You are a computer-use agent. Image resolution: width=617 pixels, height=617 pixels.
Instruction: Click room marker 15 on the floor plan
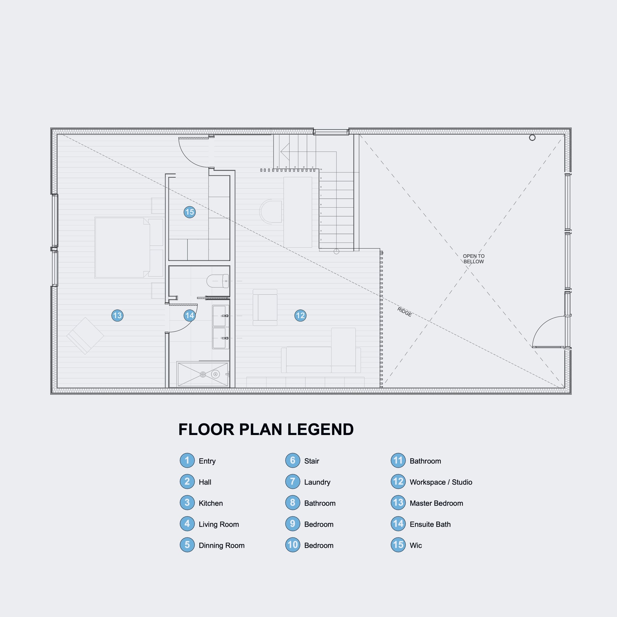[x=189, y=212]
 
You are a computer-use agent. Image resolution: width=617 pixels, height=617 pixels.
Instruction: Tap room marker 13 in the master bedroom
[x=117, y=315]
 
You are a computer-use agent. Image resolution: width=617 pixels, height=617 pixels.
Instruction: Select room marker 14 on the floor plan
[x=189, y=315]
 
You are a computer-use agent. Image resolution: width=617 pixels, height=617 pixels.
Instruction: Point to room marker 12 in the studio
[x=300, y=315]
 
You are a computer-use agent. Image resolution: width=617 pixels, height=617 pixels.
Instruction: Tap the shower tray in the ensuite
[x=203, y=374]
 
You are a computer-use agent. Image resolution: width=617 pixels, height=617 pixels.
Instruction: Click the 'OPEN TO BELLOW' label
[x=474, y=259]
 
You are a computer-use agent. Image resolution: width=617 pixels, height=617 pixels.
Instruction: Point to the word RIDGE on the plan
[x=404, y=312]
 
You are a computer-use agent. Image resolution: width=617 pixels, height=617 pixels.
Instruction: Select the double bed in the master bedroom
[x=122, y=248]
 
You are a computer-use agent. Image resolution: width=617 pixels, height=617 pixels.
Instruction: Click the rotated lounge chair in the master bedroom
[x=85, y=336]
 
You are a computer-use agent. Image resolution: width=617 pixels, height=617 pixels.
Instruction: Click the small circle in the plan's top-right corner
[x=532, y=138]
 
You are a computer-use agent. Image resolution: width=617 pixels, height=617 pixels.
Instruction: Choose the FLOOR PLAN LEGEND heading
[x=266, y=430]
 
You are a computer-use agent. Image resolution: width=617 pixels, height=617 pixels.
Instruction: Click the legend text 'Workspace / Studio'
[x=441, y=482]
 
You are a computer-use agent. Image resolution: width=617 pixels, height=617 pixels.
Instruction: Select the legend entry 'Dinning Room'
[x=221, y=546]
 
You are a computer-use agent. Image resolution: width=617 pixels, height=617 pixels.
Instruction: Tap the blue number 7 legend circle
[x=293, y=482]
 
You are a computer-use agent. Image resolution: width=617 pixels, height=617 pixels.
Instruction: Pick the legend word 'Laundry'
[x=317, y=482]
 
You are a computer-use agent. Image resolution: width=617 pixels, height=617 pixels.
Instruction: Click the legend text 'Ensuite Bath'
[x=430, y=525]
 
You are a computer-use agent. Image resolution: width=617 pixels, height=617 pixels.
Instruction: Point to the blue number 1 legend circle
[x=187, y=461]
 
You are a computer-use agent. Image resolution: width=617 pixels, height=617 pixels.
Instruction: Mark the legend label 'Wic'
[x=415, y=546]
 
